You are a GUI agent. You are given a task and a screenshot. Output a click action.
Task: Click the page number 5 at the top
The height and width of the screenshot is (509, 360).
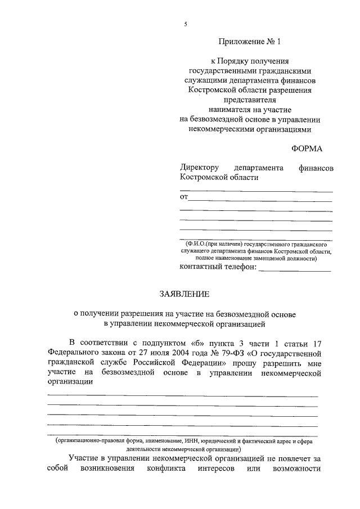coord(184,23)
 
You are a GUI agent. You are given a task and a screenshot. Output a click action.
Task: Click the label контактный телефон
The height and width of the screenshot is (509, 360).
coord(217,268)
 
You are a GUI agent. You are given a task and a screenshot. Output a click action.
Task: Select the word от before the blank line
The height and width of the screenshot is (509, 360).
coord(183,196)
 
